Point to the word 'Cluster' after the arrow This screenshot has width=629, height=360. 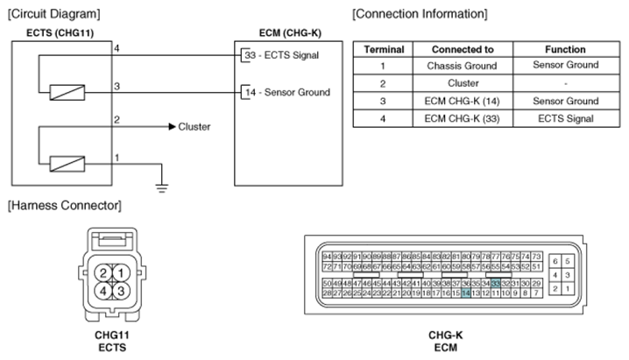(x=194, y=126)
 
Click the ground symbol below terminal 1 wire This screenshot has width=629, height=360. (x=160, y=184)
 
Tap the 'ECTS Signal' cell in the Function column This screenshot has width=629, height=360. (x=558, y=118)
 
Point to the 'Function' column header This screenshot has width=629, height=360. (x=558, y=49)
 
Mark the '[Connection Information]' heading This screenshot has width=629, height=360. (x=419, y=14)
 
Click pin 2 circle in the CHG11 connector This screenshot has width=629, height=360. (x=104, y=272)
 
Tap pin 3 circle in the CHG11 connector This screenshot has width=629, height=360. (x=120, y=290)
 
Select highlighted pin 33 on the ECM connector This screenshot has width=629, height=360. (x=496, y=284)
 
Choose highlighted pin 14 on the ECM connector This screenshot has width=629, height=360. (x=466, y=293)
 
